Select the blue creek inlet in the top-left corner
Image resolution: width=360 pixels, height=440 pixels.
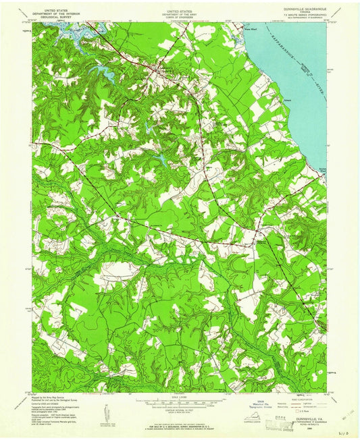tap(68, 31)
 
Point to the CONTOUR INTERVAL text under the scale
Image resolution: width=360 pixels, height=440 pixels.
tap(179, 408)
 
